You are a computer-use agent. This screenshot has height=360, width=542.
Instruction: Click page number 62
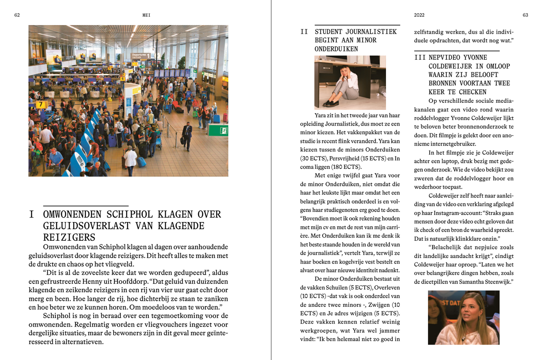pyautogui.click(x=17, y=15)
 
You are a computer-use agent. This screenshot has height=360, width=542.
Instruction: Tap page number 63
pyautogui.click(x=525, y=15)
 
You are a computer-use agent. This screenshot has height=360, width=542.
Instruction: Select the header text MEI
pyautogui.click(x=146, y=15)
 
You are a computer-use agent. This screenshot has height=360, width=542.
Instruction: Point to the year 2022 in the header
pyautogui.click(x=419, y=15)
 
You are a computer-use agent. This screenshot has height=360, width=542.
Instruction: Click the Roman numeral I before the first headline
pyautogui.click(x=32, y=214)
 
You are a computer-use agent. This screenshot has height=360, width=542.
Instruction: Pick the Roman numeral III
pyautogui.click(x=420, y=57)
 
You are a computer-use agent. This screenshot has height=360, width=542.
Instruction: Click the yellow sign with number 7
pyautogui.click(x=41, y=105)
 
